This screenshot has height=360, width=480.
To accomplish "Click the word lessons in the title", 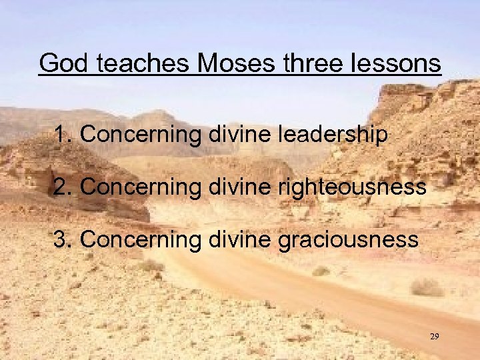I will click(x=397, y=64).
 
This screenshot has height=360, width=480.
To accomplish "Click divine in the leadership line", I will click(x=233, y=135).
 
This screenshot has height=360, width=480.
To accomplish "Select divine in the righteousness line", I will click(x=233, y=187).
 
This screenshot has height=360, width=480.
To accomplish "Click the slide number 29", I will click(x=434, y=337).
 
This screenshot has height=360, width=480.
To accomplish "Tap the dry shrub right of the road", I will click(x=427, y=287).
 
